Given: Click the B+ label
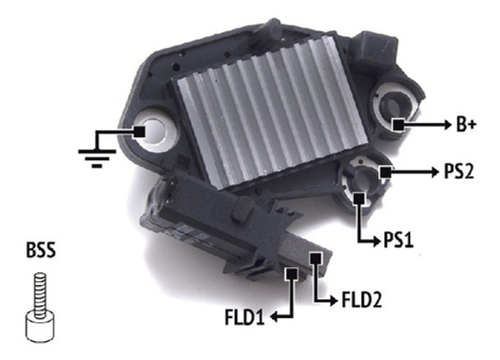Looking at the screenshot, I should tap(466, 126).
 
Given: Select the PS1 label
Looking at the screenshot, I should tap(404, 241).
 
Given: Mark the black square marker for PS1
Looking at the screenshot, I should tap(359, 197).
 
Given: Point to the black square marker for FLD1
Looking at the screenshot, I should tap(289, 274).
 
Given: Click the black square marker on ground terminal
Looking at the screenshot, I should tap(141, 132).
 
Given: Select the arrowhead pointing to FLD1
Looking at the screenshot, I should tap(277, 315).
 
